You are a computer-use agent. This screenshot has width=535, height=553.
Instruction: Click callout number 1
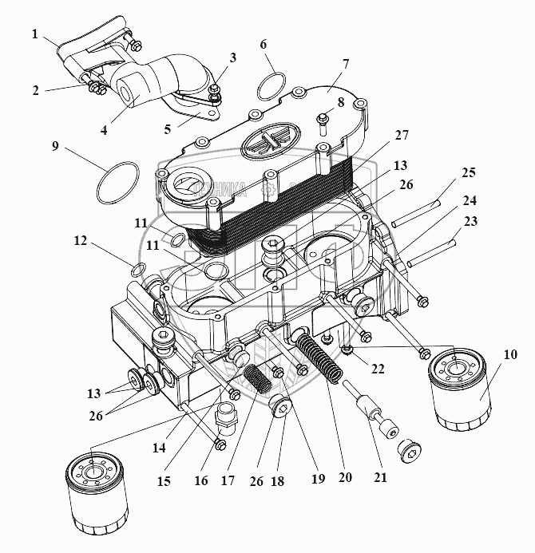tap(34, 34)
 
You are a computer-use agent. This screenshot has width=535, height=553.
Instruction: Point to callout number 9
tap(55, 147)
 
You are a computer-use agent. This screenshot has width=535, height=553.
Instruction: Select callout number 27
tap(402, 136)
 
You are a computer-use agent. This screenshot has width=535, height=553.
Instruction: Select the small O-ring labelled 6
tap(272, 82)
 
